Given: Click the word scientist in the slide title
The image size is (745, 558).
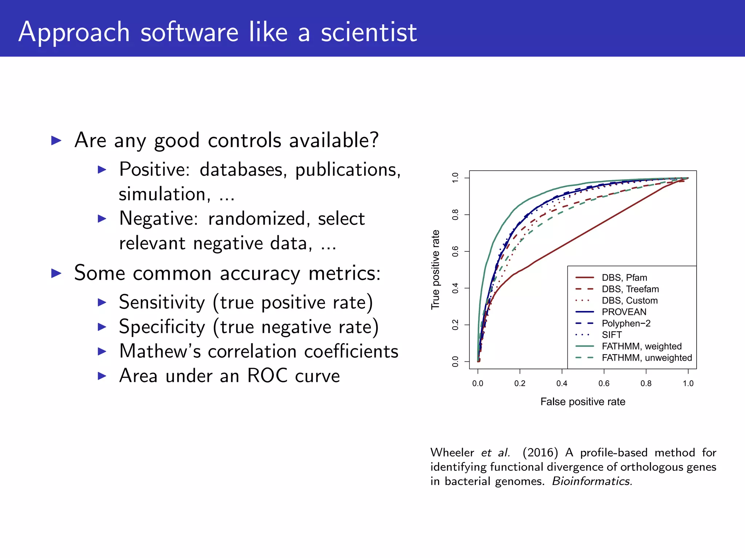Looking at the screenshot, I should (x=368, y=33).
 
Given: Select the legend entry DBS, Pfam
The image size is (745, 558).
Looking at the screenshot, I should (x=624, y=278).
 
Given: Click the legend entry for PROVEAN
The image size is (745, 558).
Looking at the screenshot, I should (x=624, y=312).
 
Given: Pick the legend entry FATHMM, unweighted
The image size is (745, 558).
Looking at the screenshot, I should (x=646, y=358).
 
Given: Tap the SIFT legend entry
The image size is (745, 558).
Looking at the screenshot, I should (x=611, y=335).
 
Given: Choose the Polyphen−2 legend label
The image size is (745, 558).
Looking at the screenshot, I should (x=626, y=323).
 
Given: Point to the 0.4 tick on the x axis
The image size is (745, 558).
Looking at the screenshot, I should (x=562, y=383).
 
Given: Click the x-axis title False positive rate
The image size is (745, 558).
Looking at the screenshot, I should (x=583, y=402).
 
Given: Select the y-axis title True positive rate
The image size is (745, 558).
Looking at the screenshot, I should (x=435, y=270).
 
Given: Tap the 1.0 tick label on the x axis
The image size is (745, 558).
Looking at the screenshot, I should (x=688, y=383).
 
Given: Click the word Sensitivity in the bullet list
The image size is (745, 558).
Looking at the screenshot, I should (x=162, y=303).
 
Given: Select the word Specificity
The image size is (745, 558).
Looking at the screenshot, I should (x=162, y=327).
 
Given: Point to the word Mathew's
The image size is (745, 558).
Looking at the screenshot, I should (x=160, y=351).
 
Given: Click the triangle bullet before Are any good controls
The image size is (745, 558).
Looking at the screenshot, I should (x=56, y=141).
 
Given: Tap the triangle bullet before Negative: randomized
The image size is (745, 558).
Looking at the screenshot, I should (x=102, y=219).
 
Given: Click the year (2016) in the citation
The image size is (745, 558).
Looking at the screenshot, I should (x=540, y=453).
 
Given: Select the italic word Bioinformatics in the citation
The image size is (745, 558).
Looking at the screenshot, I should (x=592, y=481).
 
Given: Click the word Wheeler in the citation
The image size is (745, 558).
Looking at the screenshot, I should (x=452, y=453).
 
